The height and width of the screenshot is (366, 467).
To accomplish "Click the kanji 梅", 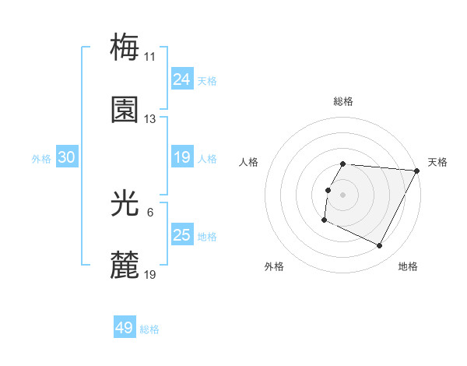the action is tap(125, 48).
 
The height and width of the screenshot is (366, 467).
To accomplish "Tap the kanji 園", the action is tap(125, 111).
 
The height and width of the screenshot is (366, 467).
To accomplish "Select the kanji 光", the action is tap(125, 205).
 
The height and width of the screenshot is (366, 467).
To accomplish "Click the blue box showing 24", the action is tap(182, 79).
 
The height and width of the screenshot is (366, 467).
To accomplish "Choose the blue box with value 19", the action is tap(182, 158).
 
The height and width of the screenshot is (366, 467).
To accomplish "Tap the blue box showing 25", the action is tap(182, 235).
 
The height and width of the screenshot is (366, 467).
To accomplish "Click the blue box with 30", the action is tap(67, 158).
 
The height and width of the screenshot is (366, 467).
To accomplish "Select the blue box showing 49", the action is tap(125, 329).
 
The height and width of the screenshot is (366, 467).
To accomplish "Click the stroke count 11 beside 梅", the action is tap(150, 57).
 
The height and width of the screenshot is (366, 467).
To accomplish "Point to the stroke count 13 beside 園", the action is tap(150, 120).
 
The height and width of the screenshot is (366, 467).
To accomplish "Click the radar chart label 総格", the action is tap(343, 101).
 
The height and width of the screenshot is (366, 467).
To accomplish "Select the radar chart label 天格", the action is tap(437, 162).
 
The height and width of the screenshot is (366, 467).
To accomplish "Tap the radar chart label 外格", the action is tap(274, 266).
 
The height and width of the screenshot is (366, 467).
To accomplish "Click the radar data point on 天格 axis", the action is tap(418, 171).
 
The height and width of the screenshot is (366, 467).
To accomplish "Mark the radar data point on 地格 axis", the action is tap(380, 246).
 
